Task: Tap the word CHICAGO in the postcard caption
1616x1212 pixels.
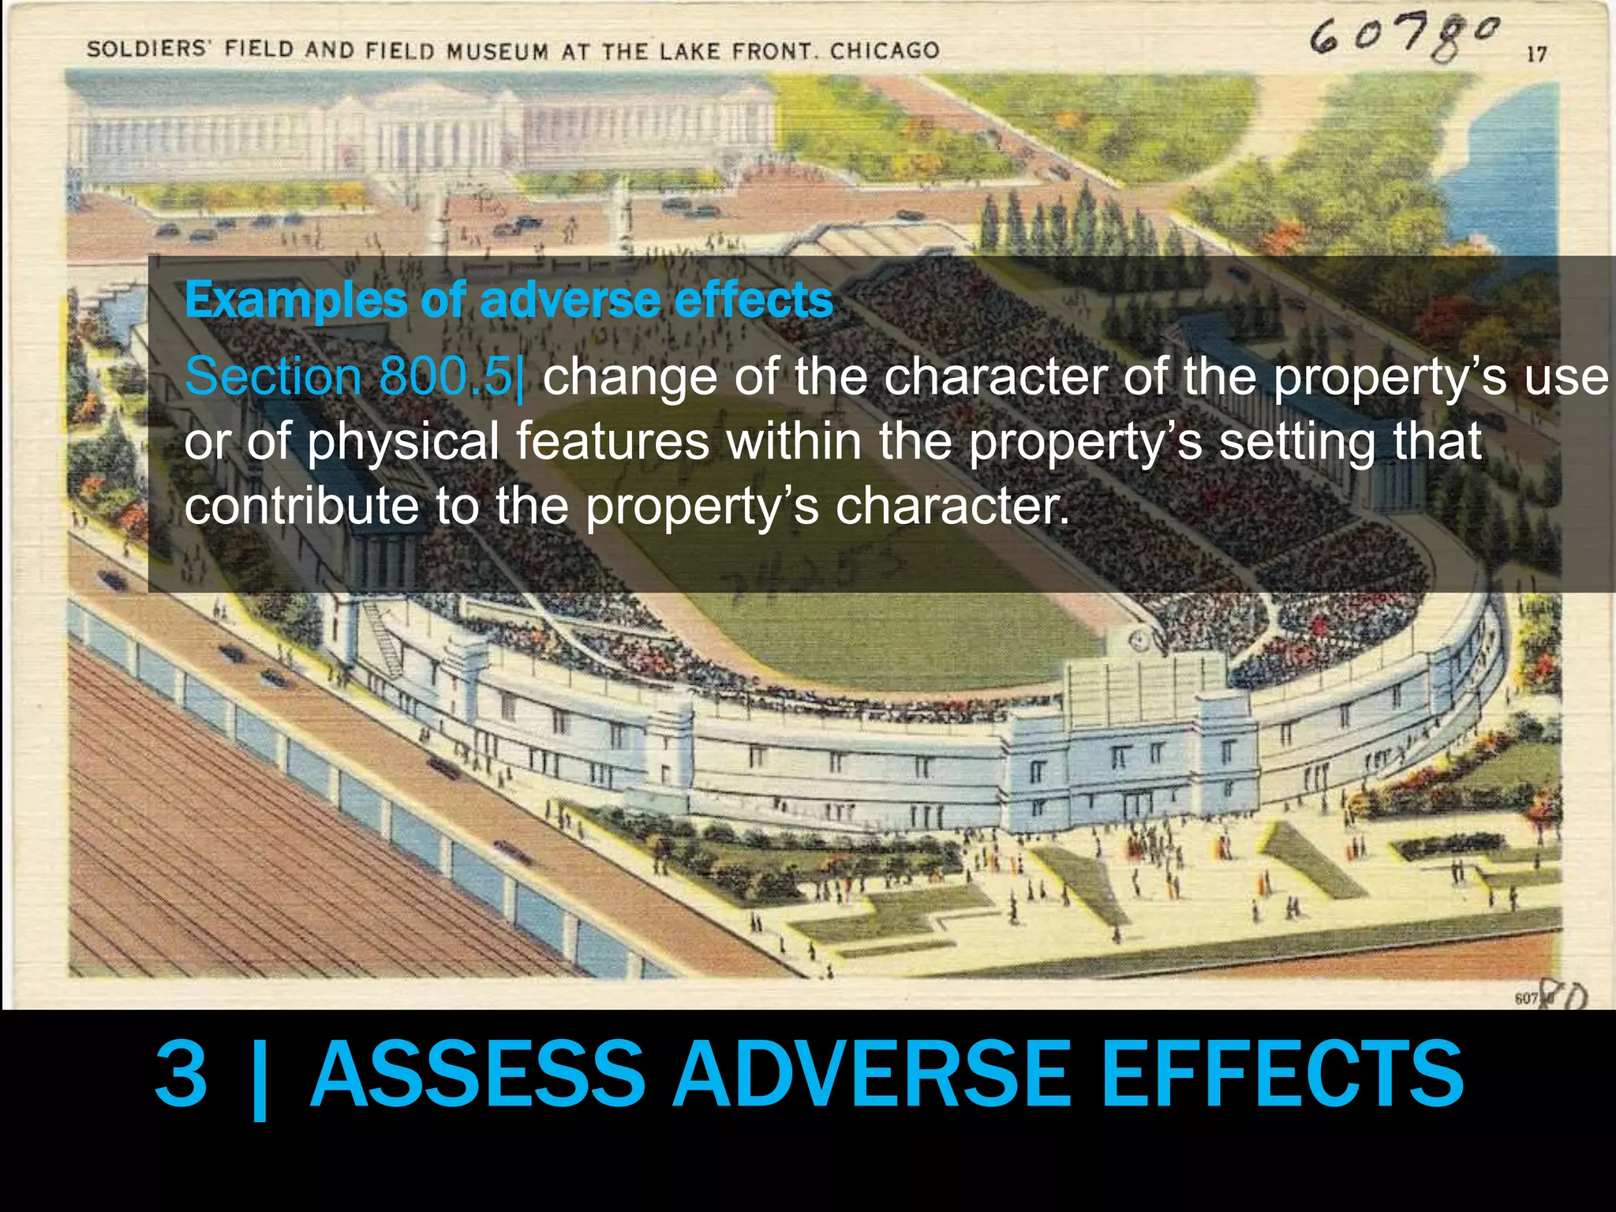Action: (885, 51)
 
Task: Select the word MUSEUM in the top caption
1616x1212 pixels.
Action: (497, 51)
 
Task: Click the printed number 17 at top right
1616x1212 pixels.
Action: (1536, 54)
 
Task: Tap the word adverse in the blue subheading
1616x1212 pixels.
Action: (570, 301)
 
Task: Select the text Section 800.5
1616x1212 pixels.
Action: (350, 376)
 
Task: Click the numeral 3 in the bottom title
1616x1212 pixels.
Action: (181, 1075)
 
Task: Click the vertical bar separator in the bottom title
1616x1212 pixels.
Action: (259, 1077)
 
